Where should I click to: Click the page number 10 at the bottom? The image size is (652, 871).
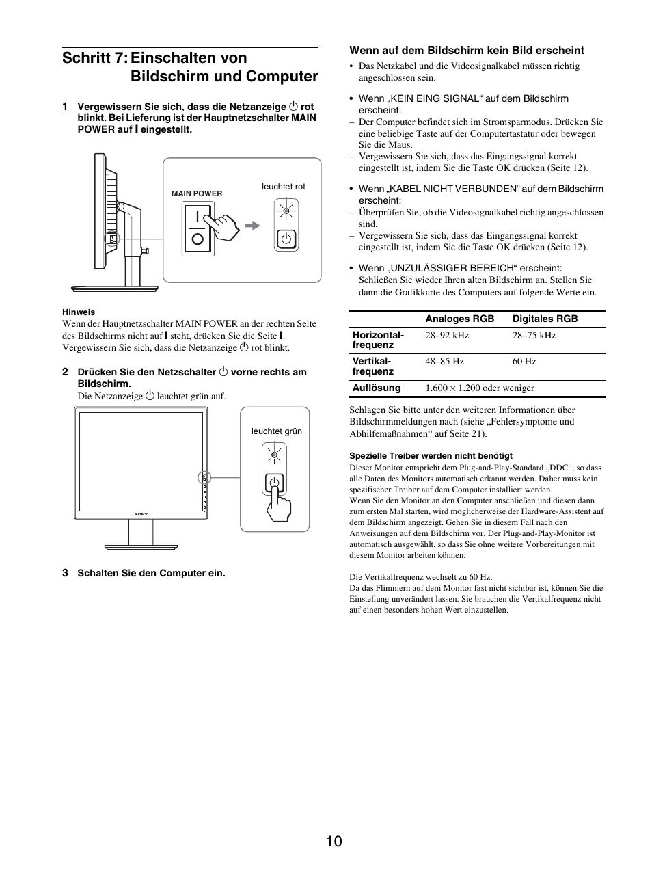click(334, 841)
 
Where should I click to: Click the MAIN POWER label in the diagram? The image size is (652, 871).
click(197, 193)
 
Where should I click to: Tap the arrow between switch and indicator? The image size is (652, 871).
click(252, 225)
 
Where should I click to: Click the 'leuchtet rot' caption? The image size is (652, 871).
click(284, 187)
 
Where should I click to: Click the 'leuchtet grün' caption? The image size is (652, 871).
click(276, 431)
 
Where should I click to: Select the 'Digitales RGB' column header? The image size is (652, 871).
click(545, 319)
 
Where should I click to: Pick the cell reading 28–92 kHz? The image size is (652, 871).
click(447, 335)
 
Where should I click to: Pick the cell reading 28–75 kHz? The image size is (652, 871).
click(534, 335)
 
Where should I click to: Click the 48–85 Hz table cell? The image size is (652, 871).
click(444, 361)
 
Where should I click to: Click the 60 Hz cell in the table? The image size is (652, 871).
click(524, 361)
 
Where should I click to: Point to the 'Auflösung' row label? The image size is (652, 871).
click(376, 388)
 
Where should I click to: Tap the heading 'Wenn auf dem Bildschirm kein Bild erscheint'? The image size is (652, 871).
click(467, 50)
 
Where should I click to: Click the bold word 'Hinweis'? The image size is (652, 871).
click(79, 312)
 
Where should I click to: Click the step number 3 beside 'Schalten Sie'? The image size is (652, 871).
click(65, 573)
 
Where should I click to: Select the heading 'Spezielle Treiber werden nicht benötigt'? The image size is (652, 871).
click(431, 455)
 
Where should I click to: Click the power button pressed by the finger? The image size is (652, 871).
click(274, 483)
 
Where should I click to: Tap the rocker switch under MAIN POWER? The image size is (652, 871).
click(198, 228)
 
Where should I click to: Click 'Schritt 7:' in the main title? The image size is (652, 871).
click(93, 57)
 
